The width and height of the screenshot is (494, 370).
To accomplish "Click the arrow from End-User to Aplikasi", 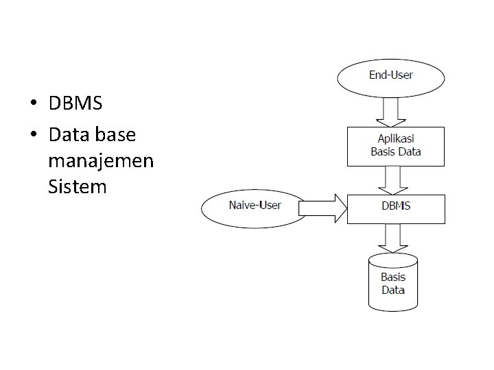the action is [390, 112].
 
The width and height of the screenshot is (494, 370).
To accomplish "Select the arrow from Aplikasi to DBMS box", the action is [393, 180].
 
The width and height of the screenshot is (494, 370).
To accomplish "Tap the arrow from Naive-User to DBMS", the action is [322, 208].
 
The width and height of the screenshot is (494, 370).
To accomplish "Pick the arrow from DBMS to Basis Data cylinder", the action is [393, 238].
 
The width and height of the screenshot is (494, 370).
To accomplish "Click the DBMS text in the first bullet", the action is [75, 103].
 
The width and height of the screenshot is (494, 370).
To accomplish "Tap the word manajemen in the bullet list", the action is [101, 161].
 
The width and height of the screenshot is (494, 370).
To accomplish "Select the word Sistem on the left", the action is [77, 186].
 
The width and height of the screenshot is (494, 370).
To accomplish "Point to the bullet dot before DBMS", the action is [34, 102].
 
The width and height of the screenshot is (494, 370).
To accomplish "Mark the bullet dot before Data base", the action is [34, 134].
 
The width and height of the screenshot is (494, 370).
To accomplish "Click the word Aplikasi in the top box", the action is [396, 138].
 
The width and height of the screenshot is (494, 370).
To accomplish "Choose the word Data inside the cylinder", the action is [393, 290].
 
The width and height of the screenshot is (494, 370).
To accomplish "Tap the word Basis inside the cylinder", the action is [393, 277].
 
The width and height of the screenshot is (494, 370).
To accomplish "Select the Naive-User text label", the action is [255, 205].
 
